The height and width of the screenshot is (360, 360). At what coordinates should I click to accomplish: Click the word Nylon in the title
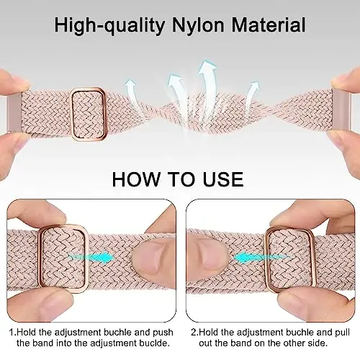(x=198, y=25)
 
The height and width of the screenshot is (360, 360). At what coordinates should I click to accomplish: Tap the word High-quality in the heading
(x=109, y=25)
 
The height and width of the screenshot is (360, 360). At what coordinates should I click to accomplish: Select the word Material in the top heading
(x=269, y=24)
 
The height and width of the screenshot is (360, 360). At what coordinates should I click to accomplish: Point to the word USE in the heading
(x=223, y=179)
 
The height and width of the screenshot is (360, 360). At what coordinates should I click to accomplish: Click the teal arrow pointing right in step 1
(x=91, y=258)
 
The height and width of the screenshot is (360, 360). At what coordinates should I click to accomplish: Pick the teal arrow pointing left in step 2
(x=261, y=258)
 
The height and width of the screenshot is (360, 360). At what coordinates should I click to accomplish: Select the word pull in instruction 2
(x=343, y=333)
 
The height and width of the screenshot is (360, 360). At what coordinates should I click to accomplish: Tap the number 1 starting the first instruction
(x=12, y=333)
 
